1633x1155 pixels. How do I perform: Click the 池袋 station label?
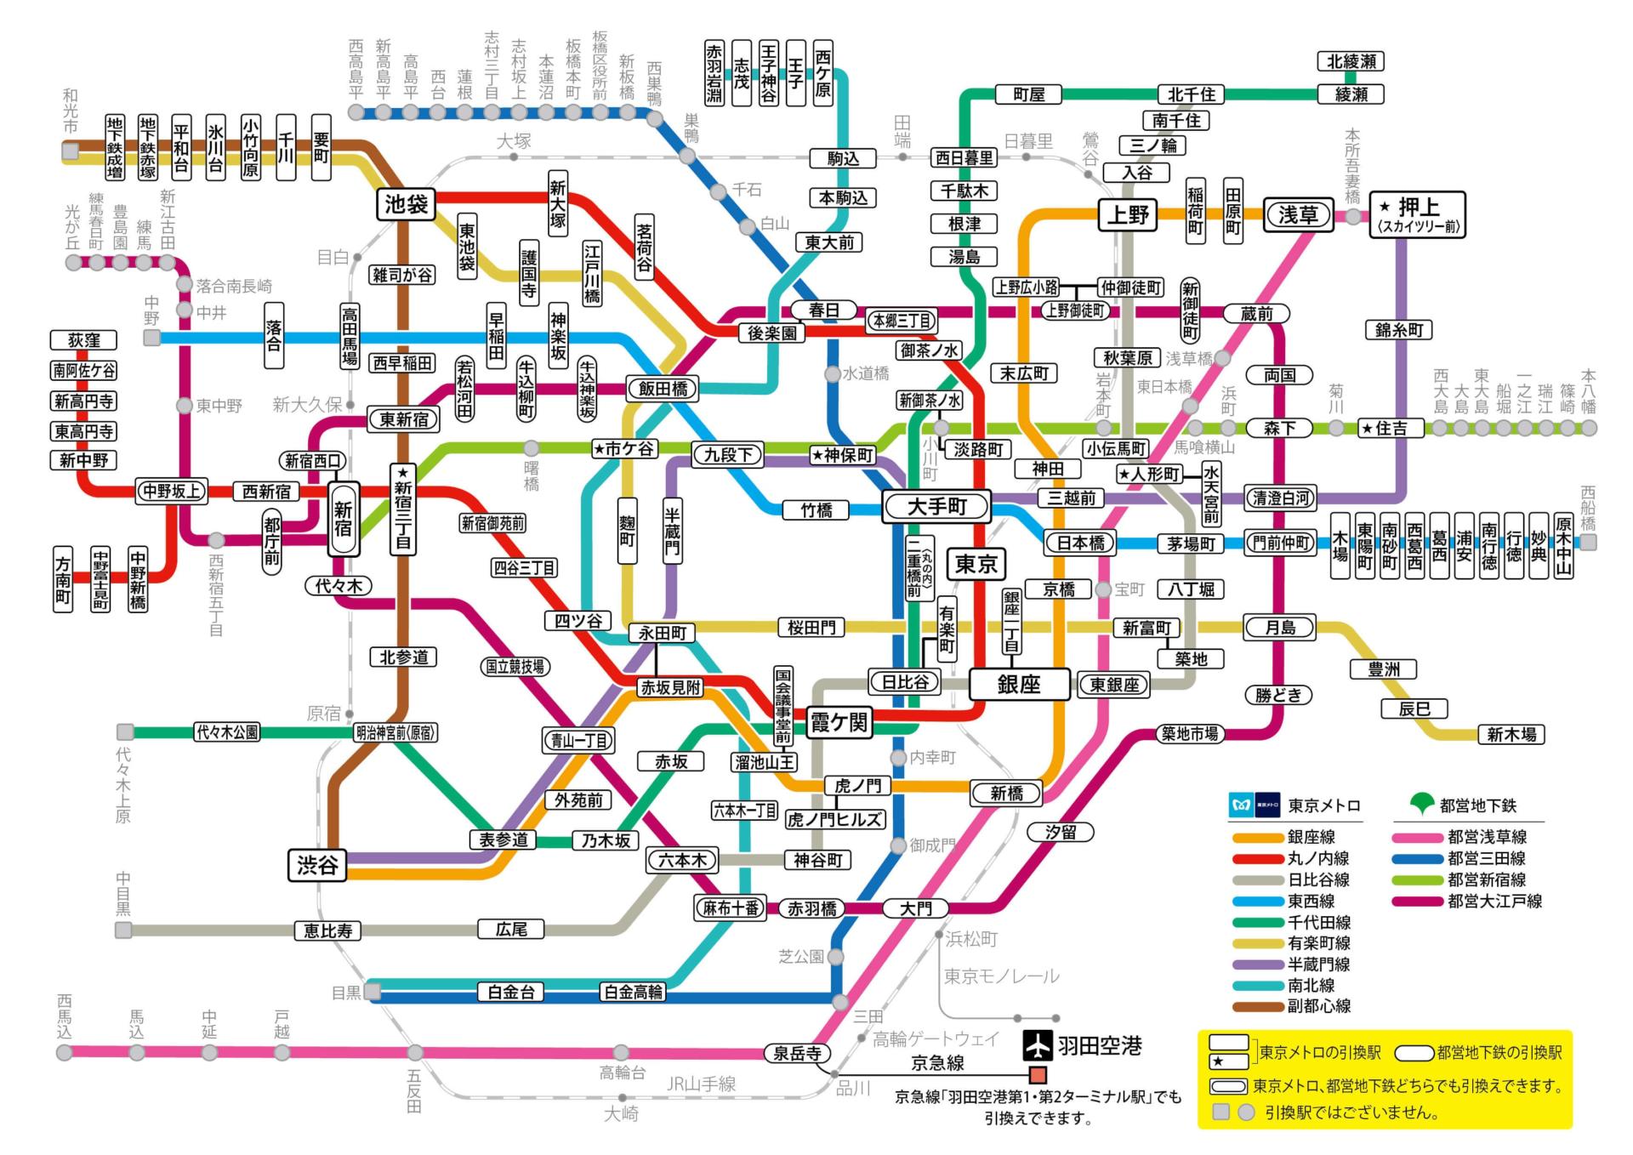407,204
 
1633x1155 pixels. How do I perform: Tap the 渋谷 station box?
317,865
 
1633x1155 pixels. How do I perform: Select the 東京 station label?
976,564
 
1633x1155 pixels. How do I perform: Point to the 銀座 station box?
1019,684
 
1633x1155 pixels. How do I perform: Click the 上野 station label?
1128,214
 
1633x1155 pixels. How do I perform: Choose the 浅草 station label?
1297,214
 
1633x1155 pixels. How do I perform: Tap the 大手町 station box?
936,507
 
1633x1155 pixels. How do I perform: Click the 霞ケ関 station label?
839,723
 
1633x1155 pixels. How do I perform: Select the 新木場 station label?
1511,734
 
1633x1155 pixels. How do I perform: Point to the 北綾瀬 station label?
1351,61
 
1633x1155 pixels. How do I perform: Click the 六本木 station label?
682,860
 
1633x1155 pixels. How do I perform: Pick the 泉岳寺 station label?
796,1053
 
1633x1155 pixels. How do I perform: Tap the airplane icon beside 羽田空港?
1037,1045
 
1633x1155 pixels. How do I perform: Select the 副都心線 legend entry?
1318,1006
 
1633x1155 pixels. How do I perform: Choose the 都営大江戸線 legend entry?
1494,901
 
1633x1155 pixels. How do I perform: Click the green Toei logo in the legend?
1422,803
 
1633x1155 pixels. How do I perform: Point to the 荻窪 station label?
84,340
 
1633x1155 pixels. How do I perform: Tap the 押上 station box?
1417,213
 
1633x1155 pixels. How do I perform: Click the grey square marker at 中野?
151,338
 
